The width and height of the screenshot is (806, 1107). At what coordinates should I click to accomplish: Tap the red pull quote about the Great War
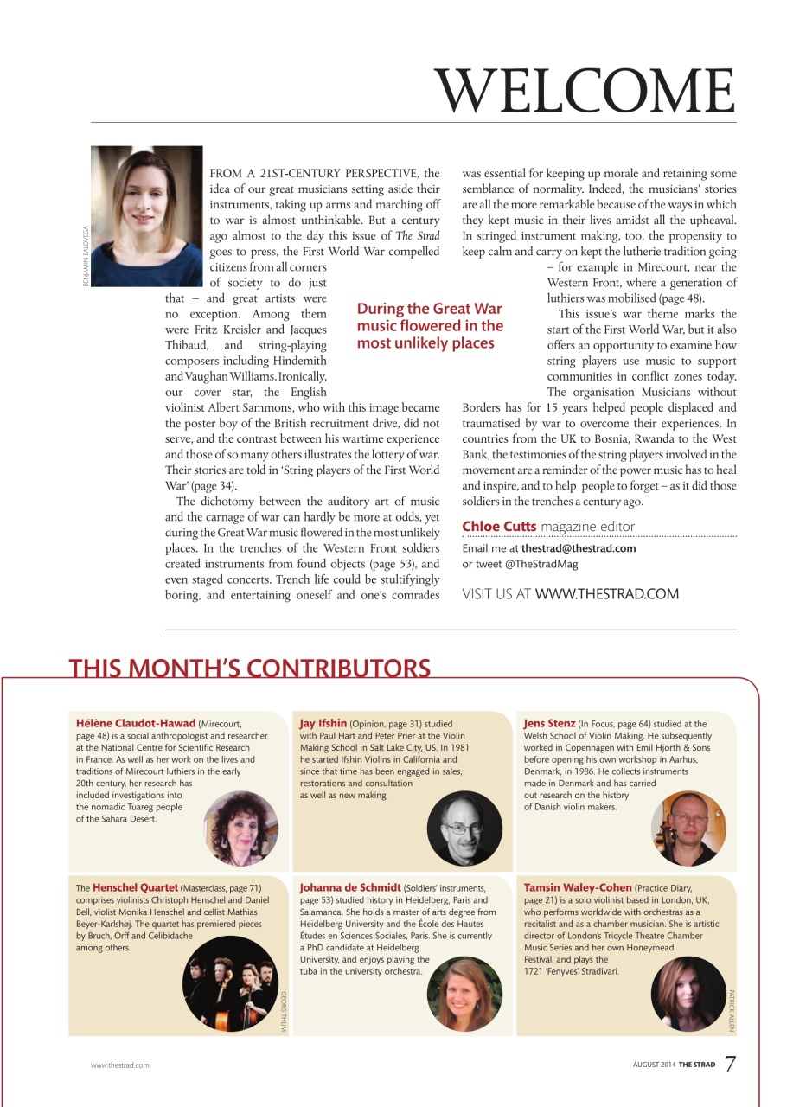click(430, 326)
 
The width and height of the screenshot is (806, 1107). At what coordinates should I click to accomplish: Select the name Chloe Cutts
click(499, 526)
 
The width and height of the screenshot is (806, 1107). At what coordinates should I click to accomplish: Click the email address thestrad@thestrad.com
click(579, 548)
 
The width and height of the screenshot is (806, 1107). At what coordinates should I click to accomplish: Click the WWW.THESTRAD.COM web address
click(607, 594)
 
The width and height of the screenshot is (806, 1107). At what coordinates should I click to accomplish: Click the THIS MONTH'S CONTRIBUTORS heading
click(249, 669)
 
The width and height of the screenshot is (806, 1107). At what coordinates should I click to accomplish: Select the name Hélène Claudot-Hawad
click(136, 723)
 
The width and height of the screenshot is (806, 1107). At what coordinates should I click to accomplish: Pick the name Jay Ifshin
click(323, 723)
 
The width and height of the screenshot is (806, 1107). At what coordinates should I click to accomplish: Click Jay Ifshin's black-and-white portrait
click(465, 828)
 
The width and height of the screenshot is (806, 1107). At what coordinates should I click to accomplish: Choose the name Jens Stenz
click(550, 723)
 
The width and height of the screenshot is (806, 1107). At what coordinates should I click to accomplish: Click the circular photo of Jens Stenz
click(688, 829)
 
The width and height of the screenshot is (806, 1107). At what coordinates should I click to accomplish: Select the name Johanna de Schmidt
click(350, 887)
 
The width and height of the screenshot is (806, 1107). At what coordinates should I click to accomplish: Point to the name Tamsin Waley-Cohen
click(578, 887)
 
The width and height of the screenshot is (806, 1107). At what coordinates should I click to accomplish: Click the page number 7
click(730, 1063)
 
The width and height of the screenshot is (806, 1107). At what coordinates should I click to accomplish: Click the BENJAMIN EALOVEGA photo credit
click(86, 257)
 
